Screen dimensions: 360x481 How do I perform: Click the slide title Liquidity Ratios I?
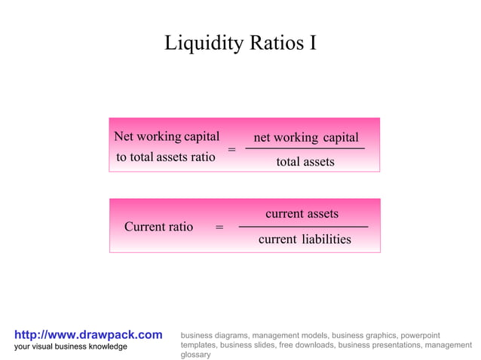(x=240, y=44)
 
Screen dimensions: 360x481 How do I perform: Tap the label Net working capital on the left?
(x=167, y=136)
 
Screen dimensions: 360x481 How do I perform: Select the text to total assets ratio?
(x=166, y=157)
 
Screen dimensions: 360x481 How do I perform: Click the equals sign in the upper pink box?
(x=231, y=150)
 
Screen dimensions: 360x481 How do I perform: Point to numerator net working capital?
(x=305, y=137)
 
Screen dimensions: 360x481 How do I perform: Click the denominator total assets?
(x=305, y=161)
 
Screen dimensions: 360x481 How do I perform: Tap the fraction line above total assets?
(x=305, y=149)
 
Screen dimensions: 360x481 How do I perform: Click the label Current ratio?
(x=158, y=227)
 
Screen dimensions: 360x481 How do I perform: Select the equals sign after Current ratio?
(x=219, y=227)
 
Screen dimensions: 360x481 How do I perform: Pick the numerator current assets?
(x=302, y=214)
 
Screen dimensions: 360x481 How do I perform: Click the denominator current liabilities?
(x=305, y=239)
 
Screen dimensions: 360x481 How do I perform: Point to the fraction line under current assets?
(x=303, y=227)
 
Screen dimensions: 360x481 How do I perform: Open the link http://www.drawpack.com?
(x=88, y=334)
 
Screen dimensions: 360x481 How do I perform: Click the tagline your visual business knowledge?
(x=71, y=346)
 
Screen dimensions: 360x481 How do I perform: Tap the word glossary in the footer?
(x=196, y=354)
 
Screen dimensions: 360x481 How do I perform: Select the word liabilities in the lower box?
(x=326, y=239)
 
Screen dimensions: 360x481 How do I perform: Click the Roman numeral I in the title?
(x=311, y=44)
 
